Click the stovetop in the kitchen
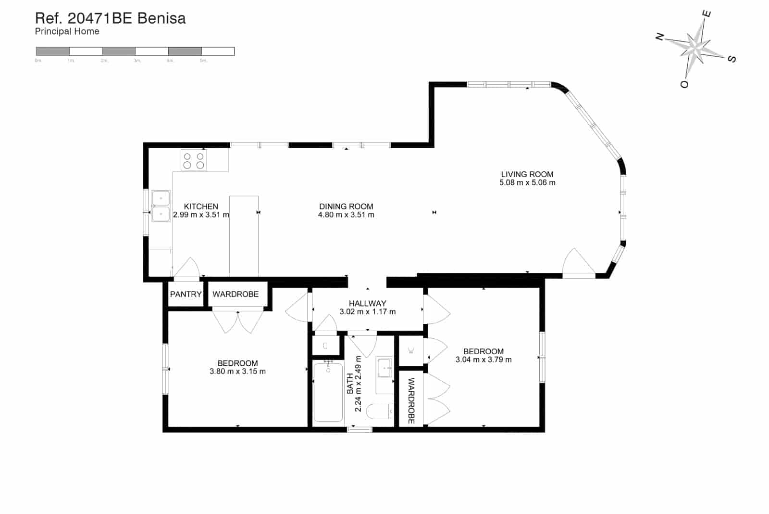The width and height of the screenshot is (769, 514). [194, 160]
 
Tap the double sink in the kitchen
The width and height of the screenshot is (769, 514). [161, 206]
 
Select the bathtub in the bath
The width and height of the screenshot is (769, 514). [328, 392]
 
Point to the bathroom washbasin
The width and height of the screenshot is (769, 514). [384, 369]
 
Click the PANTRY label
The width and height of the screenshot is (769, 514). [186, 294]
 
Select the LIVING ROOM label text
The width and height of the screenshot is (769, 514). [527, 174]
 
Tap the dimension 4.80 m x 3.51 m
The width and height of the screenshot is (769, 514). [346, 215]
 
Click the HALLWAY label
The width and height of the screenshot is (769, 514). [368, 303]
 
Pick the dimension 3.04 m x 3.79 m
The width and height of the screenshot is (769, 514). [484, 360]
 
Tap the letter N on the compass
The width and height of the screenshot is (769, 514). [660, 36]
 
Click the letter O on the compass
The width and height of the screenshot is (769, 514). [684, 84]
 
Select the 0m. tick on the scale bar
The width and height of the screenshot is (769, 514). [38, 61]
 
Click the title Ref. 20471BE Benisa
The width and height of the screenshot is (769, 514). [110, 18]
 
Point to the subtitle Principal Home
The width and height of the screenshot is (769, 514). [67, 31]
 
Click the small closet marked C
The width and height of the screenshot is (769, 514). [325, 346]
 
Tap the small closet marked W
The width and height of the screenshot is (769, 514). [411, 351]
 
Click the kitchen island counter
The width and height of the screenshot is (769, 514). [244, 236]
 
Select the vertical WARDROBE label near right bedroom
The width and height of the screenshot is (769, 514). [411, 400]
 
